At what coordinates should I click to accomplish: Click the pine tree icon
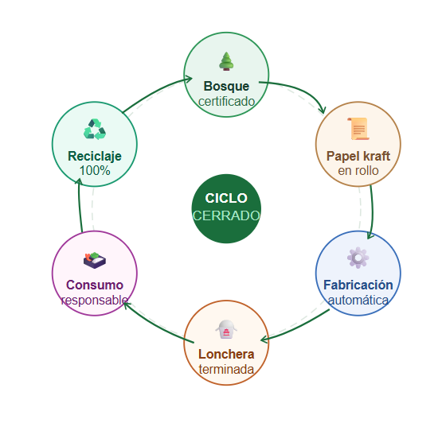point(226,61)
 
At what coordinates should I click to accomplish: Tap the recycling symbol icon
point(95,129)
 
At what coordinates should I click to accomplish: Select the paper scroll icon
point(358,129)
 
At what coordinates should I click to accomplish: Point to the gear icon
point(358,258)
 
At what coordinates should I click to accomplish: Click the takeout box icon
point(226,329)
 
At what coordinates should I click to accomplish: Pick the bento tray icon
point(95,260)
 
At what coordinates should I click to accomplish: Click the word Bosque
point(226,86)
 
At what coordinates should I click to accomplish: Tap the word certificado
point(226,102)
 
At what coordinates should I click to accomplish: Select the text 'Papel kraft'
point(358,156)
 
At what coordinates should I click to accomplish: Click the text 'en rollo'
point(358,170)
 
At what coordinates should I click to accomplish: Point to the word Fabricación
point(358,285)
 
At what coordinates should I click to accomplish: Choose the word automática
point(358,300)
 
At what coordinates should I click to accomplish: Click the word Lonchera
point(226,354)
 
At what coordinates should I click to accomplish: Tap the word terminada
point(226,369)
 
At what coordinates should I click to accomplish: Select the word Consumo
point(95,285)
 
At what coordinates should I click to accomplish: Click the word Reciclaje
point(95,156)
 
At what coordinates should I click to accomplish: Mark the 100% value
point(95,170)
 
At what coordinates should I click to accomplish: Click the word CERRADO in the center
point(226,215)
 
